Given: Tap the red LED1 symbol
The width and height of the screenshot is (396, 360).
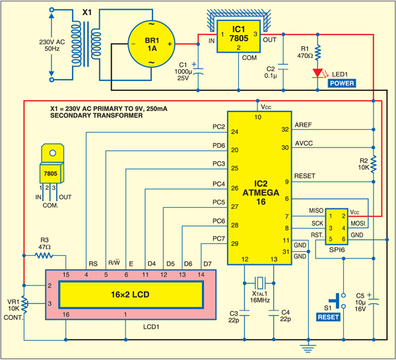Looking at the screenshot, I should tap(318, 73).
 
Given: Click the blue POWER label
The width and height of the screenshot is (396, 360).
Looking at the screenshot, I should tap(342, 84).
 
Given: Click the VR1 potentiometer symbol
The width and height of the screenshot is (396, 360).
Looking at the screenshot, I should tap(24, 303).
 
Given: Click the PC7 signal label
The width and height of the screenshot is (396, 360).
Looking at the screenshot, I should tap(218, 239).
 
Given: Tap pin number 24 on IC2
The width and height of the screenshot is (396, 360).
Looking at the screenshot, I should tap(234, 131).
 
